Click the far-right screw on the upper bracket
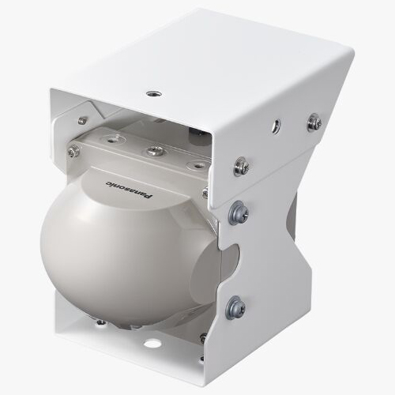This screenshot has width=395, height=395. pos(314,122)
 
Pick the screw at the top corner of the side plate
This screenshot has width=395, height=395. pos(242,166)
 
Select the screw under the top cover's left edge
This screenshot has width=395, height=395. pos(82,120)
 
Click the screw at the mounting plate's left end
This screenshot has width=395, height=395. pos(73,151)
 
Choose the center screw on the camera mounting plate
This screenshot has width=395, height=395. pos(155,151)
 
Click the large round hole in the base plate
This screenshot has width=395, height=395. pos(151,344)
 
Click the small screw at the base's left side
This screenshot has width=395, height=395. pos(100,322)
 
